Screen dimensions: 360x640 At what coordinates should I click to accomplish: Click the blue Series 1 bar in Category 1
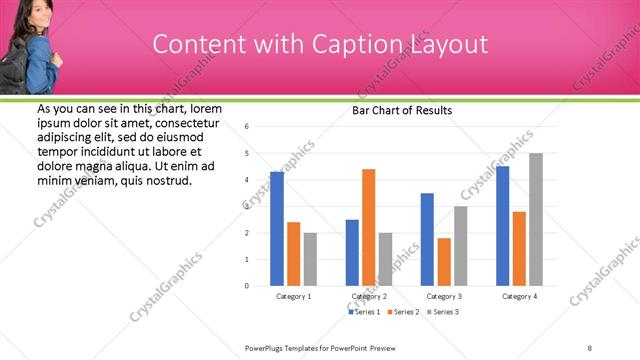277,229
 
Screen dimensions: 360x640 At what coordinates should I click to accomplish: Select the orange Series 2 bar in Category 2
369,227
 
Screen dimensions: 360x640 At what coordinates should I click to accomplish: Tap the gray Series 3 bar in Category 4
536,219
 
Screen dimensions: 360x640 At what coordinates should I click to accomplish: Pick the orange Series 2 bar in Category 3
444,262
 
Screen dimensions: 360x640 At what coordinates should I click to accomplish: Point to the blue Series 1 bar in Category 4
503,226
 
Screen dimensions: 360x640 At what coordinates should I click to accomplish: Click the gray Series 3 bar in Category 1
310,259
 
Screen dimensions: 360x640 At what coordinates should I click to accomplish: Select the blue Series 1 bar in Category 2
352,253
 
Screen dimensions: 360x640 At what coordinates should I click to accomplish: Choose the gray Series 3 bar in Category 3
460,246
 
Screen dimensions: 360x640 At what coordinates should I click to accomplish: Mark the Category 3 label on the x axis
443,297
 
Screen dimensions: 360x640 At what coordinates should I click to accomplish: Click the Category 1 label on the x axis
293,297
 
